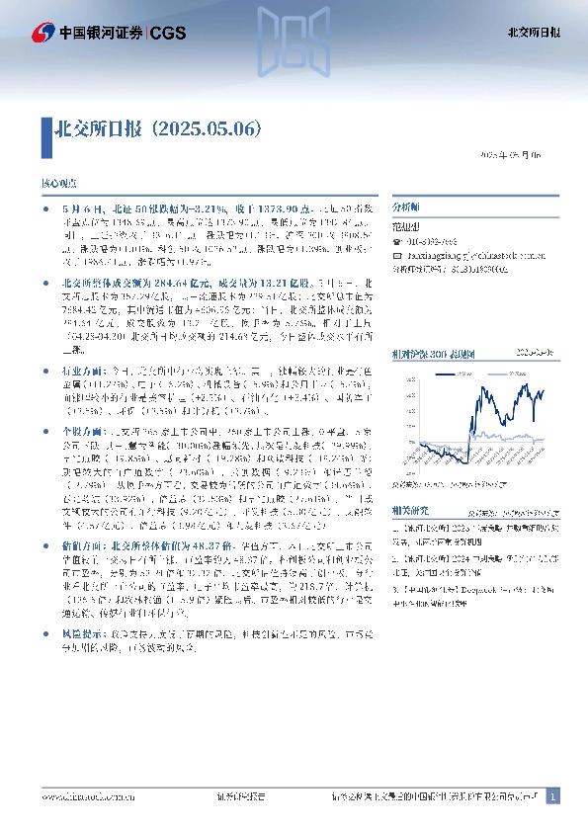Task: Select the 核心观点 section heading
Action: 57,185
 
